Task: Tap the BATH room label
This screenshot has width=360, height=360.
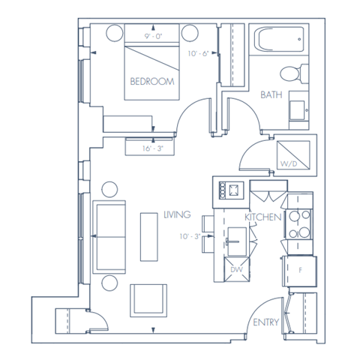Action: pyautogui.click(x=271, y=95)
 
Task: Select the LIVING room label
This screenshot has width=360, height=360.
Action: pyautogui.click(x=177, y=215)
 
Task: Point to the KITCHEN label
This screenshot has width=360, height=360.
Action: pyautogui.click(x=262, y=217)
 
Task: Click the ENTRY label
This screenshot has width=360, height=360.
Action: pyautogui.click(x=265, y=323)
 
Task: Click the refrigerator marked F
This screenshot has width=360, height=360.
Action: pyautogui.click(x=300, y=269)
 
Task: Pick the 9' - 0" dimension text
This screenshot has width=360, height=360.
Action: pyautogui.click(x=155, y=34)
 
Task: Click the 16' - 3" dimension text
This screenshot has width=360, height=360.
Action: pyautogui.click(x=151, y=148)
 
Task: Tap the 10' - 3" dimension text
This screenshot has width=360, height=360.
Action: pyautogui.click(x=190, y=237)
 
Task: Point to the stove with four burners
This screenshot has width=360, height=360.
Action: pyautogui.click(x=298, y=223)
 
